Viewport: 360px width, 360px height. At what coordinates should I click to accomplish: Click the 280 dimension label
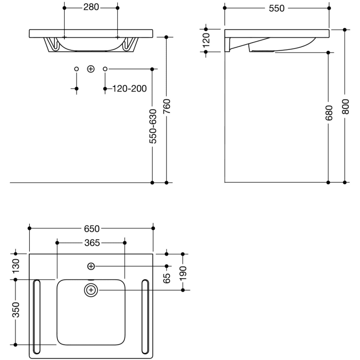click(x=91, y=8)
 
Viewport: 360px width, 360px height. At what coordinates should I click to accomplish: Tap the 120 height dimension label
click(x=206, y=40)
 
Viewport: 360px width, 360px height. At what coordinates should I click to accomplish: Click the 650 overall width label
click(x=91, y=228)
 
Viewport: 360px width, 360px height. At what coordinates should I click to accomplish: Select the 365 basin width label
click(x=91, y=242)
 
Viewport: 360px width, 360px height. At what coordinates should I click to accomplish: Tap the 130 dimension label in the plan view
click(x=16, y=266)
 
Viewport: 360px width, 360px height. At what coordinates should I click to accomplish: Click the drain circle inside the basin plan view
click(x=91, y=290)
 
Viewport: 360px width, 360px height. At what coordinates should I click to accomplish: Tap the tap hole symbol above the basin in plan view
click(x=91, y=266)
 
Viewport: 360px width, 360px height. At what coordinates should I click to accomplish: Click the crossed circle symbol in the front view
click(x=91, y=68)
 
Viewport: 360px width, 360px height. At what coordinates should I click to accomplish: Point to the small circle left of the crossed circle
click(x=77, y=68)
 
